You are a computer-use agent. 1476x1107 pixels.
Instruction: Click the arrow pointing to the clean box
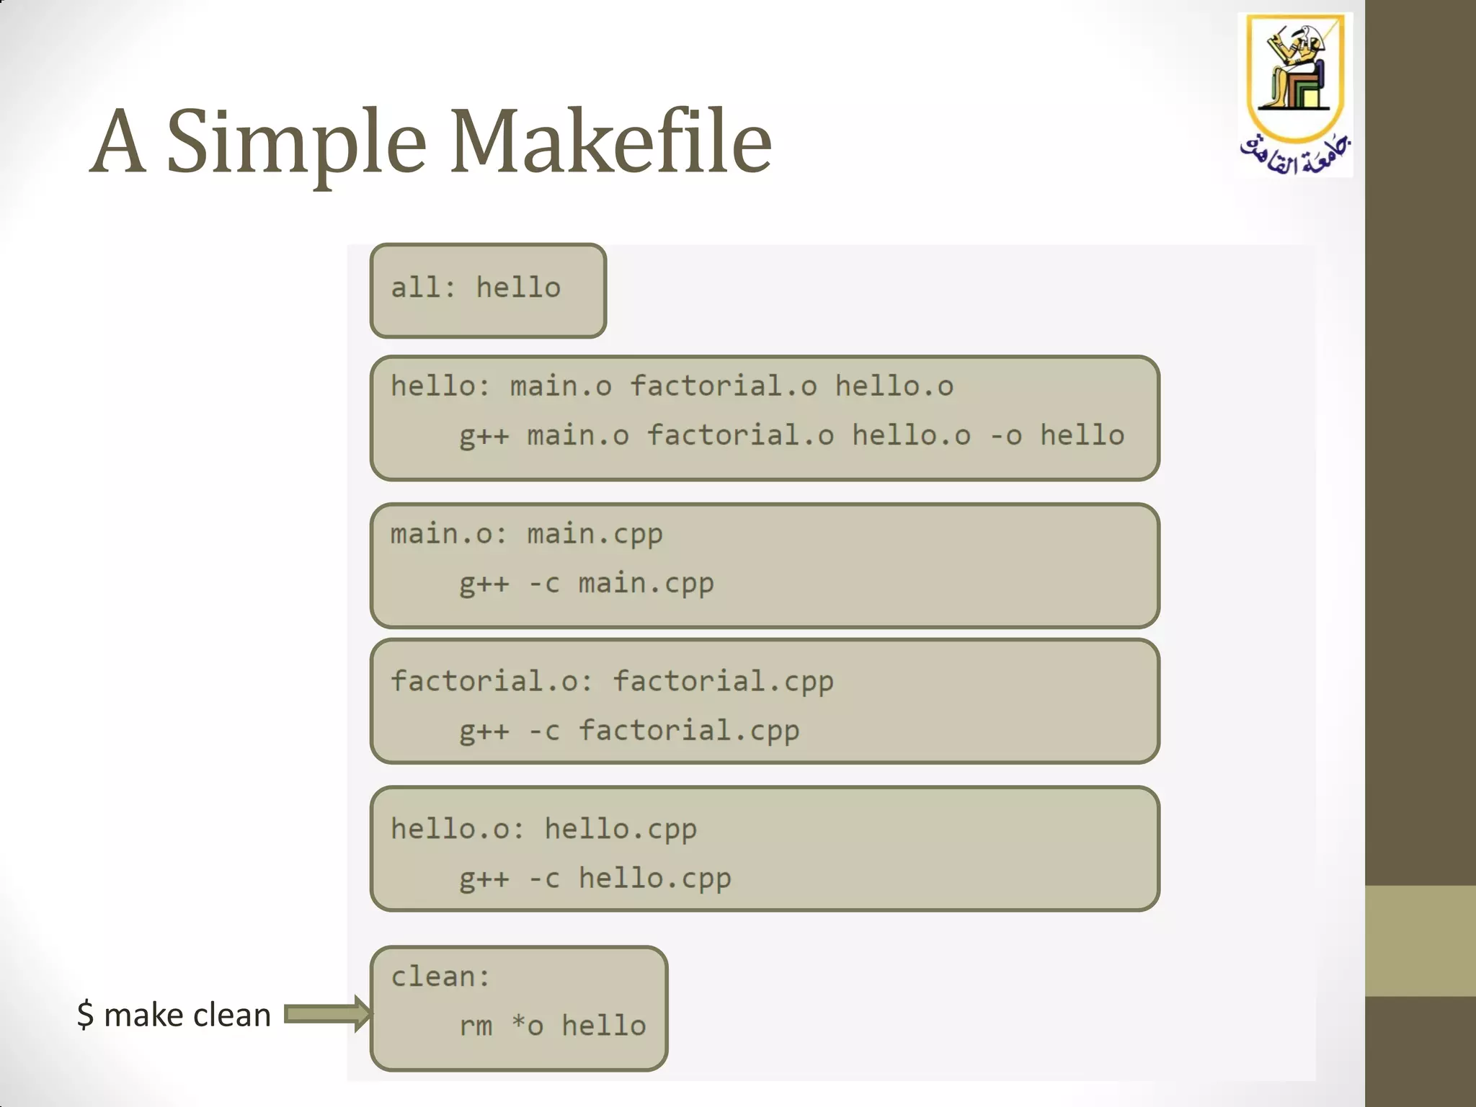(x=328, y=1014)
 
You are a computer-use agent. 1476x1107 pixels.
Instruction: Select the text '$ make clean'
(x=174, y=1015)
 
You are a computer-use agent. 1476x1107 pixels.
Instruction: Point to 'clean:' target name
(x=440, y=977)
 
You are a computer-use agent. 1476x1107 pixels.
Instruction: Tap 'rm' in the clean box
(x=476, y=1026)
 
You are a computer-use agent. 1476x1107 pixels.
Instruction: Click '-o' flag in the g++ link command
(x=1005, y=435)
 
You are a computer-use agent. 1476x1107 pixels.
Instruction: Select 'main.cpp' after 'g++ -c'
(x=646, y=583)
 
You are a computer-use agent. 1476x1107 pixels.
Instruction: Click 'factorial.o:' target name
(x=492, y=681)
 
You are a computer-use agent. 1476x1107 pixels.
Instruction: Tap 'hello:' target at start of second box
(x=440, y=386)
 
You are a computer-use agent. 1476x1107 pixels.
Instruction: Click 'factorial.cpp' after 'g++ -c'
(x=689, y=731)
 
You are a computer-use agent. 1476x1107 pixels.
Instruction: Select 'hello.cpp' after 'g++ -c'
(x=654, y=879)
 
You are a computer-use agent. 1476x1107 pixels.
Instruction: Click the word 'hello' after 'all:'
(x=518, y=288)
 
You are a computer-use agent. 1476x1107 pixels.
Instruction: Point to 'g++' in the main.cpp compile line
(x=484, y=583)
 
